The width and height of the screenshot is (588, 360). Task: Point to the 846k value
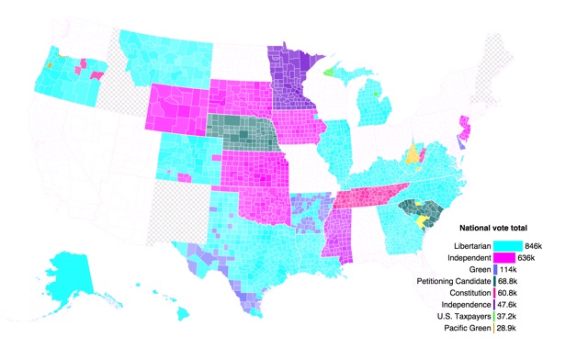coord(536,246)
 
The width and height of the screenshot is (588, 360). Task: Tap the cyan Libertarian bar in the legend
coord(507,246)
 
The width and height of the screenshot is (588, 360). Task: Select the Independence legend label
coord(462,303)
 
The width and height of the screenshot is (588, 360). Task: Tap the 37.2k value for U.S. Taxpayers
coord(508,314)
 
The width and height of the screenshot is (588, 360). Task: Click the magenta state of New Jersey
coord(463,129)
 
